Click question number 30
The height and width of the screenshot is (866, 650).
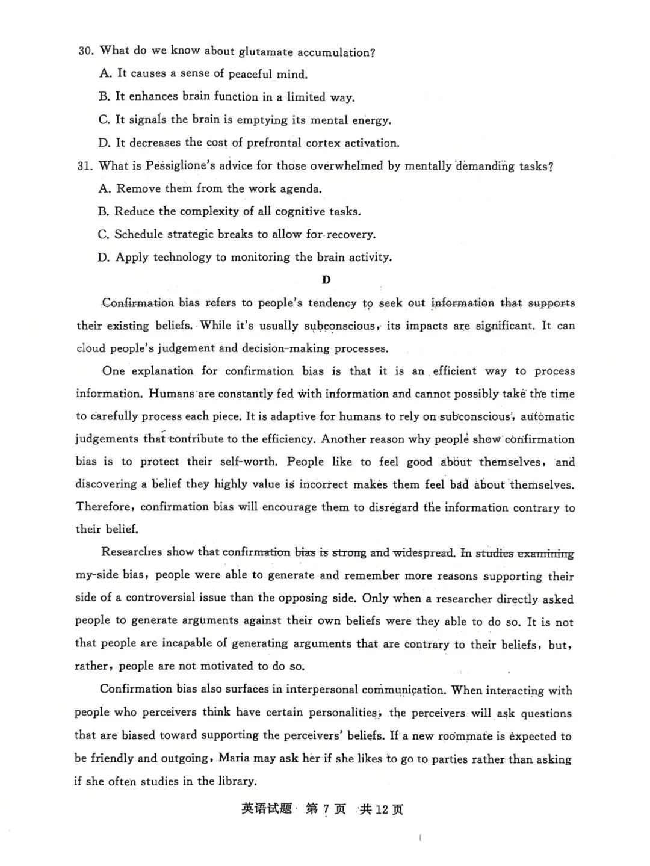[85, 51]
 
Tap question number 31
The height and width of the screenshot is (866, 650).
[85, 166]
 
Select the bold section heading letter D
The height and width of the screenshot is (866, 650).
[326, 280]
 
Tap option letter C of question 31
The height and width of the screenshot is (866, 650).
[104, 234]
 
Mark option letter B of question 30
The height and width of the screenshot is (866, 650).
[104, 96]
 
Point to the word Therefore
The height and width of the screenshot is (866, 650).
[103, 507]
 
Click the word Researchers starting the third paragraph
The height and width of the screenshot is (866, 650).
[131, 552]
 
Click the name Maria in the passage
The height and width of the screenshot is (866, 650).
[234, 758]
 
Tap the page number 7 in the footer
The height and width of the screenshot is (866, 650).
[326, 809]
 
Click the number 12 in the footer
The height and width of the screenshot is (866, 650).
[382, 809]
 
